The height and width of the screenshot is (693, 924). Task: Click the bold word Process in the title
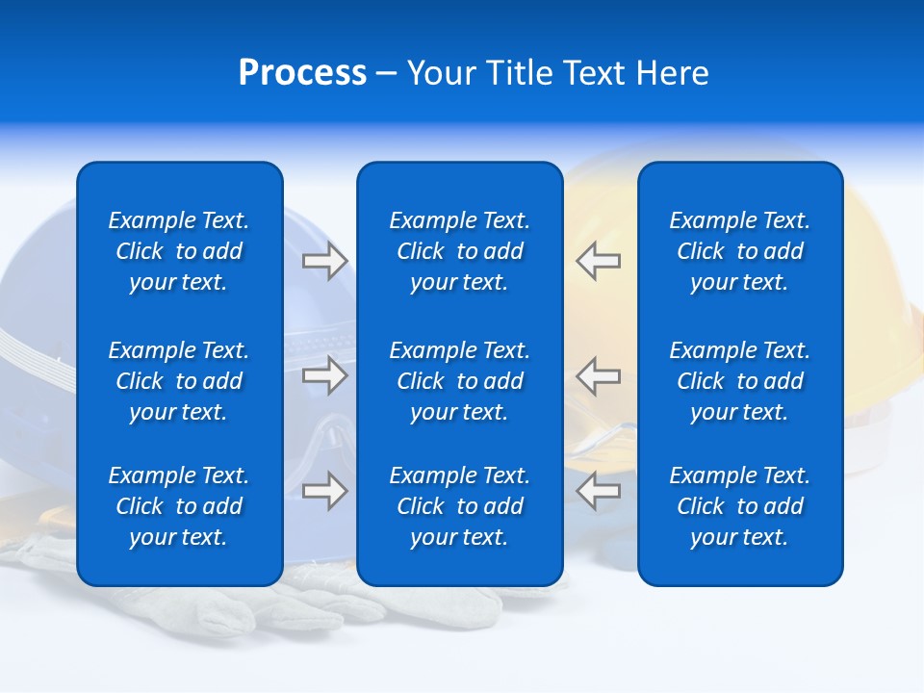coord(302,73)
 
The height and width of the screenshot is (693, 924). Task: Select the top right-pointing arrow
coord(325,261)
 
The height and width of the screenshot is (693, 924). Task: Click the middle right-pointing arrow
coord(325,374)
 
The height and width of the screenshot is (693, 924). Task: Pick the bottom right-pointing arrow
coord(325,490)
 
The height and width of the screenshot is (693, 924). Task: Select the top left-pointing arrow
coord(598,261)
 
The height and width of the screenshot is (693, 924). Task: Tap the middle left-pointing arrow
coord(598,374)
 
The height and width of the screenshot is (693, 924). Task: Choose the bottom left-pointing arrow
coord(598,490)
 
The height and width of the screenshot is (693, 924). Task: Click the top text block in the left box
coord(179,251)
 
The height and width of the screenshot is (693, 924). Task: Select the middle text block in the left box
coord(179,381)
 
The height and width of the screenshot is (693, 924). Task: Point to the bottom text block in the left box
coord(179,506)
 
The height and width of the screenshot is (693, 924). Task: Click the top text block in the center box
coord(459,251)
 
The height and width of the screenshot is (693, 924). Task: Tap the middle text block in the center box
coord(459,381)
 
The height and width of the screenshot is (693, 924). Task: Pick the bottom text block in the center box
coord(459,506)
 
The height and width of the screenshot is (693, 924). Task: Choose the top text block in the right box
coord(739,251)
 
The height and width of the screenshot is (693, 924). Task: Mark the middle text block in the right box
coord(739,381)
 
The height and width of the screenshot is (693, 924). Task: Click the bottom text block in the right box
coord(739,506)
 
